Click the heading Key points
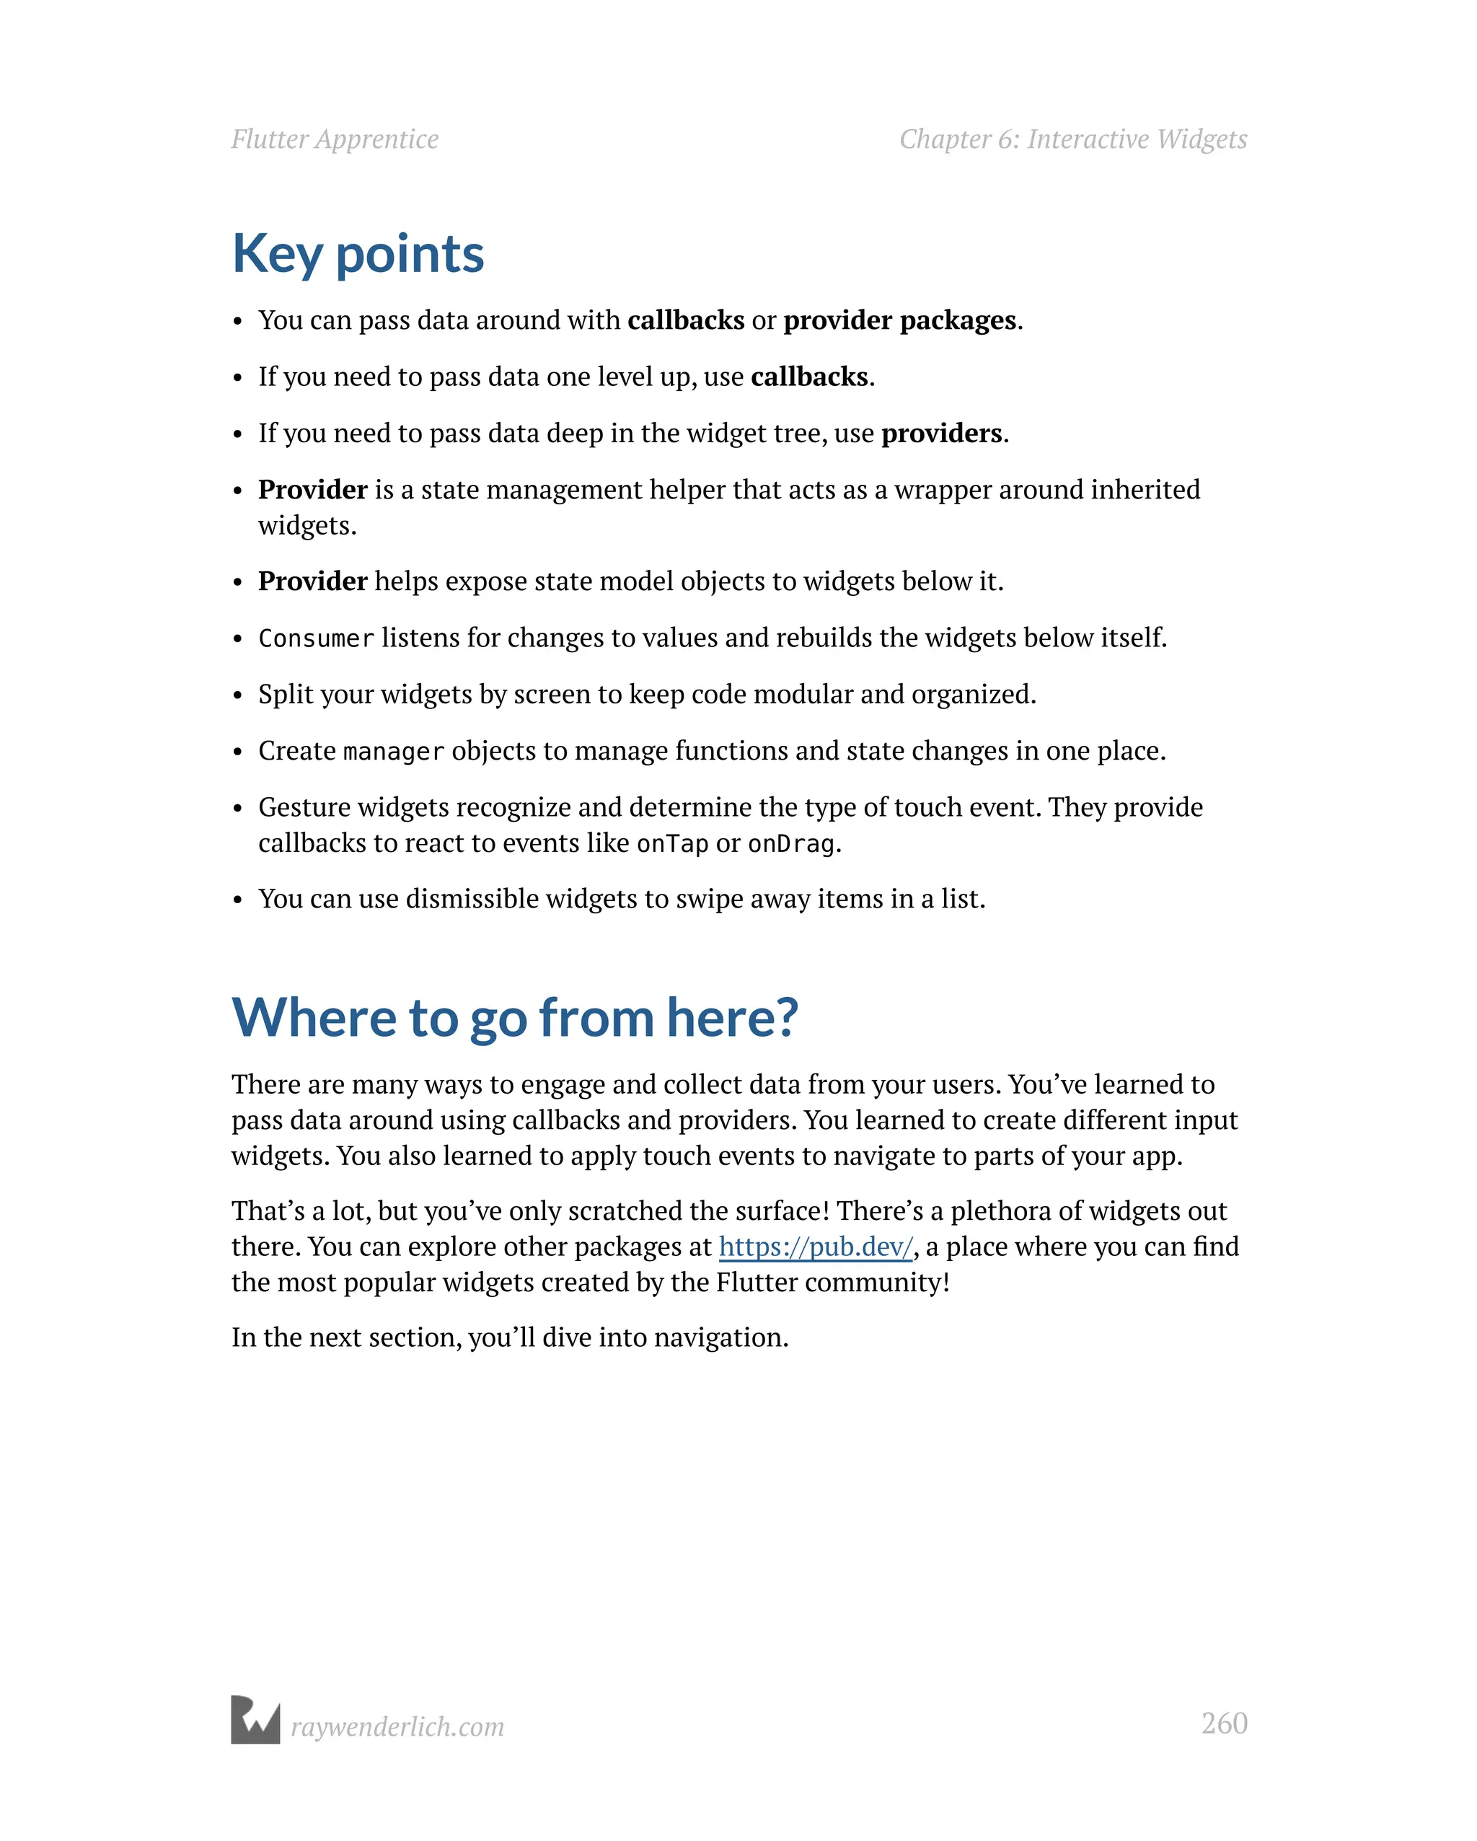pos(358,255)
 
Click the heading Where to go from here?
pos(514,1018)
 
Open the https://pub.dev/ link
pos(816,1247)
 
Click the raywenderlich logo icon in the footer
pos(255,1719)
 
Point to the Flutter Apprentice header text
pos(335,139)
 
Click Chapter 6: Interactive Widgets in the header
pos(1073,139)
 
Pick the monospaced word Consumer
pos(316,638)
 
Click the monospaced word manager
pos(393,752)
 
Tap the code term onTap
pos(672,845)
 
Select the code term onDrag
pos(790,845)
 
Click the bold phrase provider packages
pos(900,320)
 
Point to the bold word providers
pos(941,434)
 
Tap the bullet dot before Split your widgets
pos(238,696)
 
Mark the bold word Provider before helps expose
pos(312,581)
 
